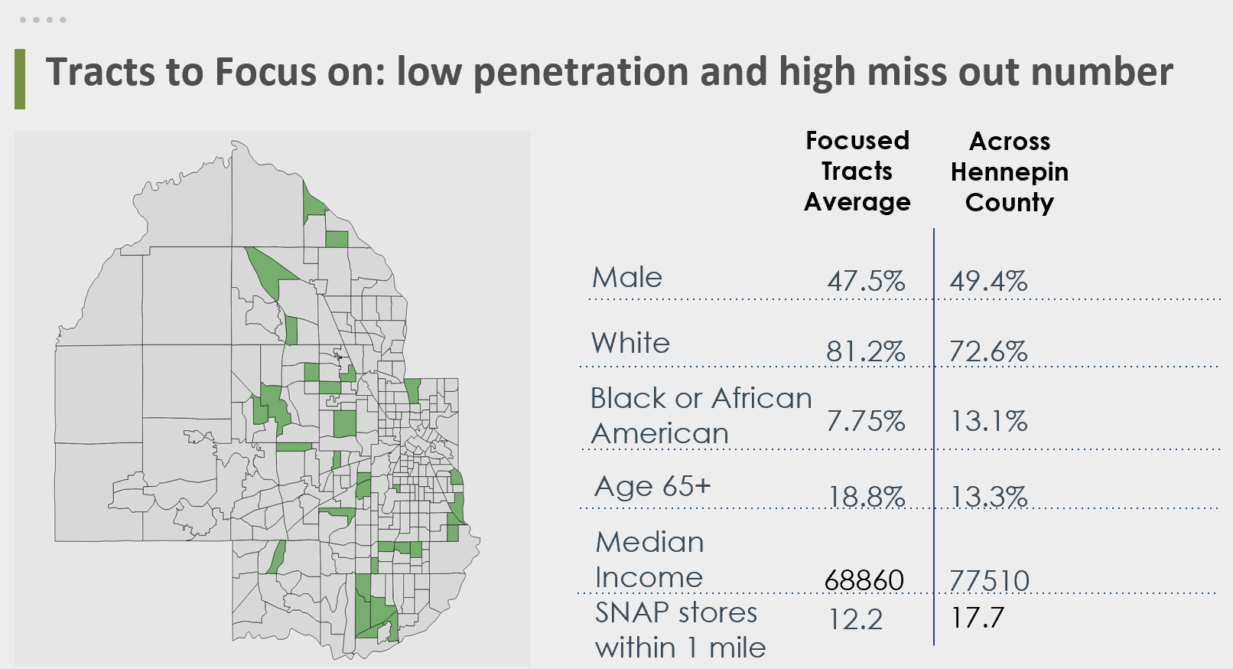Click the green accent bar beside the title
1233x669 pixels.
(x=20, y=79)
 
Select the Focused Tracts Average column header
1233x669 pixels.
(x=857, y=171)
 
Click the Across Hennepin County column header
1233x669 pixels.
(x=1010, y=172)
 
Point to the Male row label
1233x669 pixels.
(x=627, y=277)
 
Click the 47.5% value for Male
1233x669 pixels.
(x=866, y=281)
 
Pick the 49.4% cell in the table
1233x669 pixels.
(x=988, y=281)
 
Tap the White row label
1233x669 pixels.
(x=630, y=344)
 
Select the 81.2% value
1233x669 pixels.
(x=866, y=351)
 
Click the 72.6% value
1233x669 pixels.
(x=988, y=351)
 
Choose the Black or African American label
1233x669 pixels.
(x=701, y=416)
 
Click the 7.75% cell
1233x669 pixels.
(x=866, y=422)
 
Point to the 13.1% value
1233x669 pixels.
(x=989, y=422)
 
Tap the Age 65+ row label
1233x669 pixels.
(x=652, y=487)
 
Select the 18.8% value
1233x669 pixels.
(x=867, y=497)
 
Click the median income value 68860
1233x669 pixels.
(x=864, y=580)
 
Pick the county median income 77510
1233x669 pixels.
(x=989, y=581)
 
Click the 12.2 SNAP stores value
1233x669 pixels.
(x=855, y=619)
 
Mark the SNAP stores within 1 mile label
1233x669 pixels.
(x=680, y=630)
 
